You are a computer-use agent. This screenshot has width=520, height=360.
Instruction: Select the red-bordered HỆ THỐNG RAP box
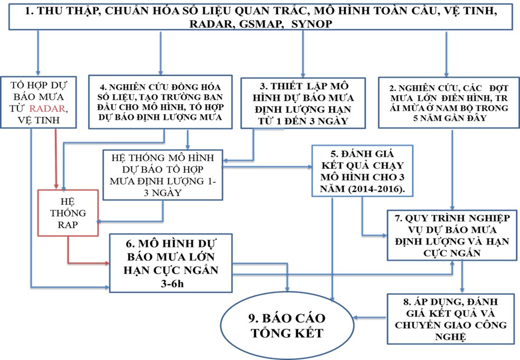click(69, 213)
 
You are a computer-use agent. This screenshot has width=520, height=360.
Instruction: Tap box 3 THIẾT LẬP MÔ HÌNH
click(302, 102)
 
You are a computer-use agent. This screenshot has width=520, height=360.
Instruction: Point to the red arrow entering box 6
click(89, 262)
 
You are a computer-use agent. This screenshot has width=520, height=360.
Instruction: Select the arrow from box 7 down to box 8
click(462, 276)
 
